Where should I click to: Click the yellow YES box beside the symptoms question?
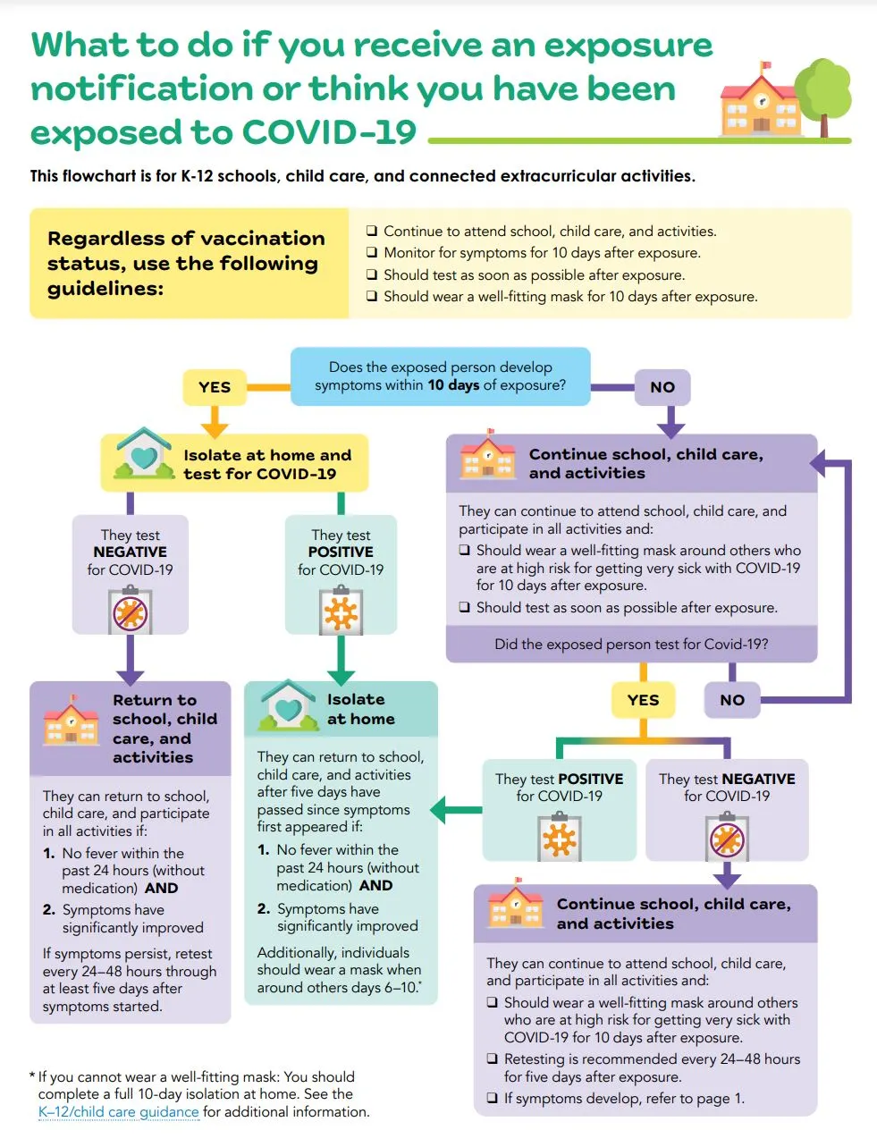(x=215, y=387)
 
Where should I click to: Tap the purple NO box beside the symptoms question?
(x=662, y=387)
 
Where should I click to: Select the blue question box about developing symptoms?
(x=440, y=376)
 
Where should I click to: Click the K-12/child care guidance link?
(x=118, y=1112)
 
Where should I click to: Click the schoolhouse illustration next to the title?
(x=760, y=103)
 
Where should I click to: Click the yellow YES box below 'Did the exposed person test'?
(x=643, y=700)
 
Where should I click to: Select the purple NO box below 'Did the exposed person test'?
(x=732, y=700)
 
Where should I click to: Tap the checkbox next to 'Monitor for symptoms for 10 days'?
(x=372, y=253)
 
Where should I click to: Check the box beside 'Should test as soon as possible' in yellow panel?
(x=372, y=275)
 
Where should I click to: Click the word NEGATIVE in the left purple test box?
(x=131, y=552)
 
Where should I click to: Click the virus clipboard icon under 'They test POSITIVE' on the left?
(x=341, y=612)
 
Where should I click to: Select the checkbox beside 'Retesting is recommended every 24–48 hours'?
(x=492, y=1059)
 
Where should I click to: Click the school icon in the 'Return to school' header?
(x=71, y=721)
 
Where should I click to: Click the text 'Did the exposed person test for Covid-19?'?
(x=631, y=644)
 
